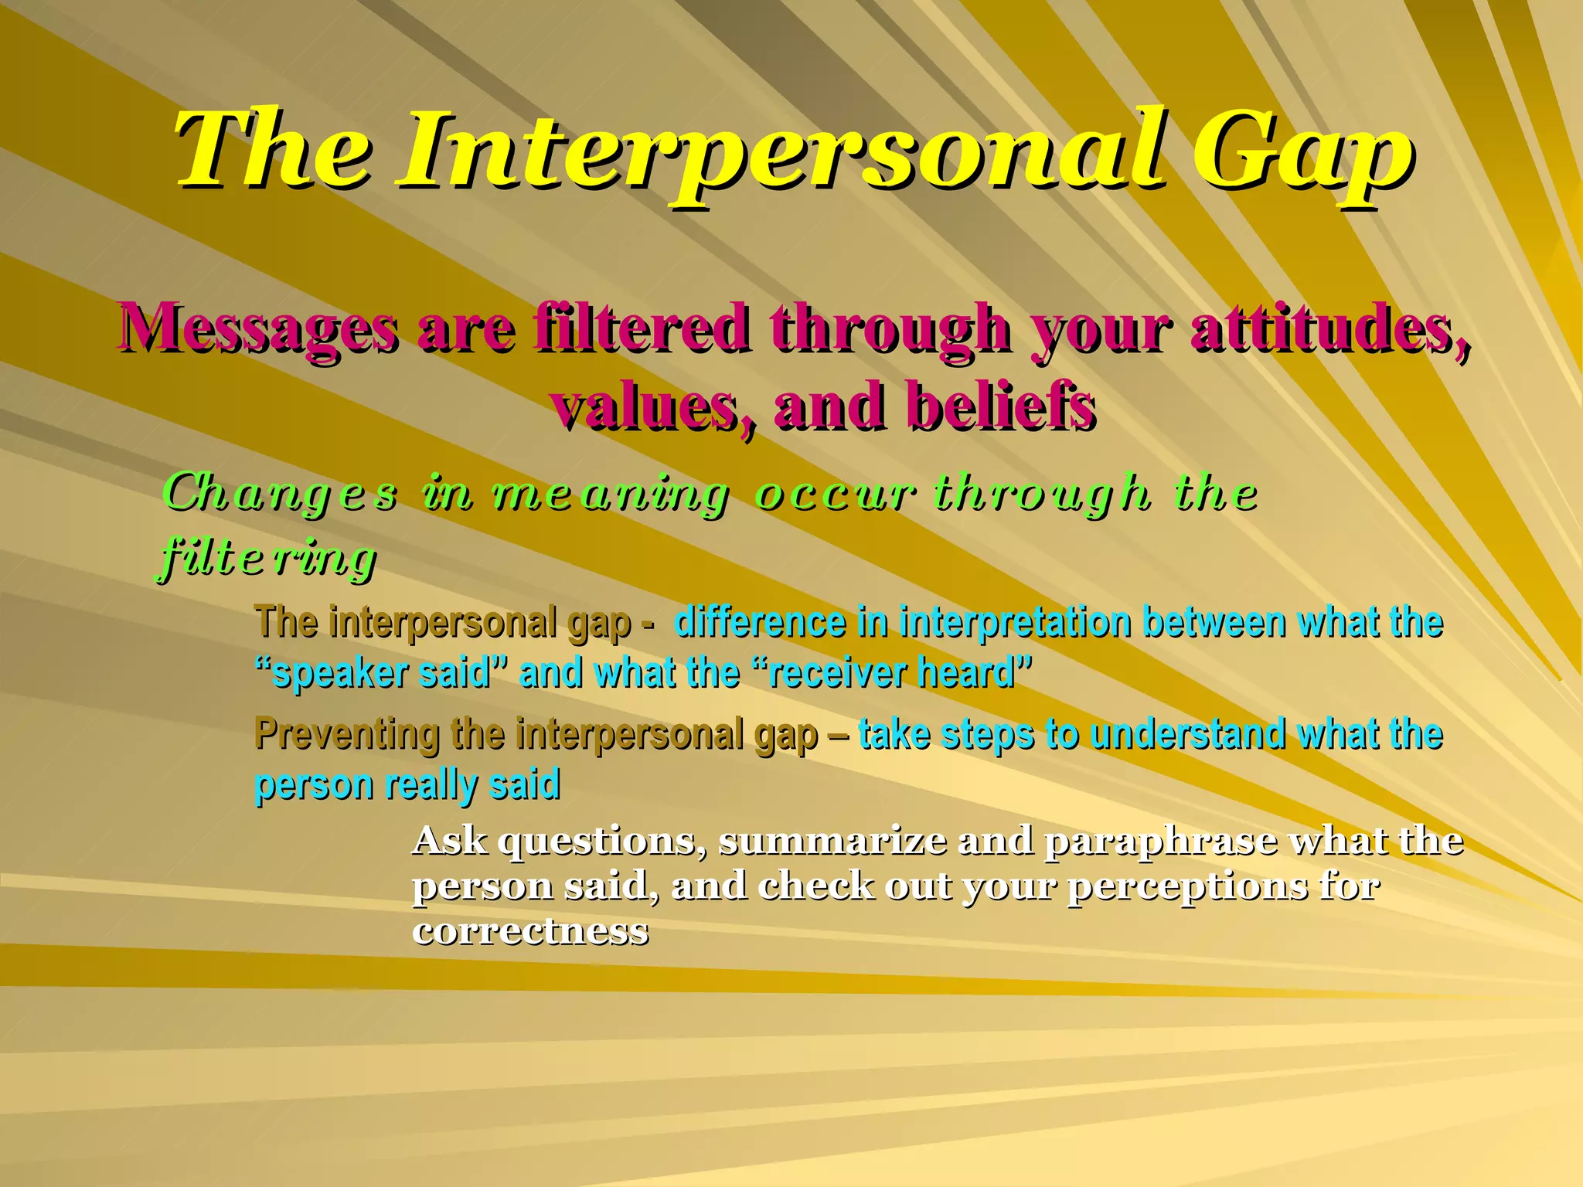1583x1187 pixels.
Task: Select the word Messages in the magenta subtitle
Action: coord(259,328)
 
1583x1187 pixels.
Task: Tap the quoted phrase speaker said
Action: coord(383,673)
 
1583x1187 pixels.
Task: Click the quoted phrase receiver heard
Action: coord(893,673)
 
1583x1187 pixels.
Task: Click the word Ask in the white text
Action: coord(450,841)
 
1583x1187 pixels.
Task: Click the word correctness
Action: coord(530,930)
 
